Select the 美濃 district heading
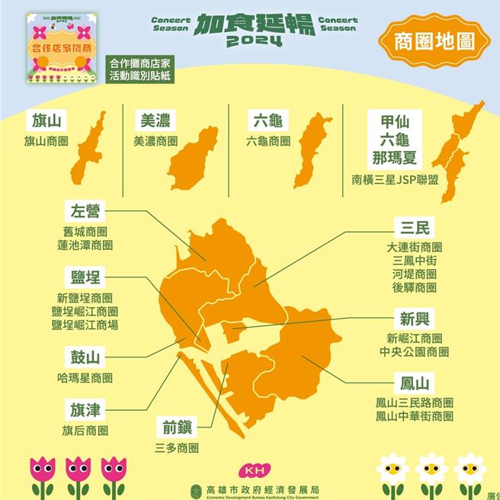(x=155, y=120)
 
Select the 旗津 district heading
(x=85, y=410)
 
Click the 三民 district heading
(x=414, y=227)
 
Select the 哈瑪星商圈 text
(x=85, y=378)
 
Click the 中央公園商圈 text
(x=414, y=351)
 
